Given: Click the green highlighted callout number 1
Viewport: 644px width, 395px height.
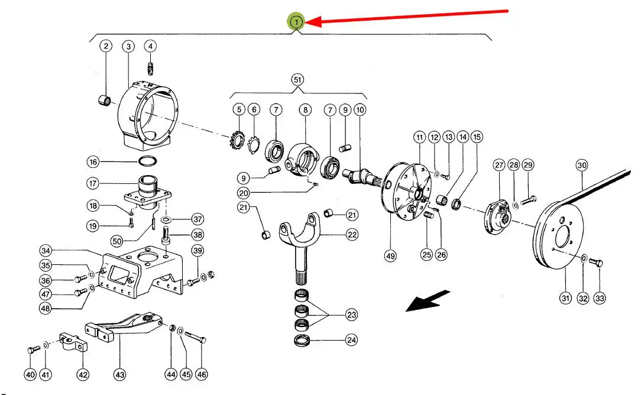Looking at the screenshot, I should coord(296,22).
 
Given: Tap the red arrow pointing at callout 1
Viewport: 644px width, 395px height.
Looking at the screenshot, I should coord(408,17).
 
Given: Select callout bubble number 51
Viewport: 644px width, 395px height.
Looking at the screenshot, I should coord(298,79).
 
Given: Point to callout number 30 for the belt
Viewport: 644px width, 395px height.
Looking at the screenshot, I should coord(582,166).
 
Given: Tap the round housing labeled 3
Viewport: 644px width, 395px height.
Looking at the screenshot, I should coord(148,115).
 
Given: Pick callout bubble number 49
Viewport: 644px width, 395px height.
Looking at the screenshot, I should coord(390,256).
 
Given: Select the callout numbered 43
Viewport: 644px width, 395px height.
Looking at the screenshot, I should coord(120,374).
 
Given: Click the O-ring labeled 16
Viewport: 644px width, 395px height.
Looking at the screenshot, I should coord(148,161).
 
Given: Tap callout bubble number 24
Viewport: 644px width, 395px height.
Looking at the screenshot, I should coord(352,341).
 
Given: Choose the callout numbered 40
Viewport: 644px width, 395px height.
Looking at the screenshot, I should coord(30,374).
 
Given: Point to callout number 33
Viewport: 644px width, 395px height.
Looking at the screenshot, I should coord(600,299).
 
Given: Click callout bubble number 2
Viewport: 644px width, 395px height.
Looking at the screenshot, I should coord(106,46).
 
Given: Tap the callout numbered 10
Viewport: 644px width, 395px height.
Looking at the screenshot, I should coord(360,109).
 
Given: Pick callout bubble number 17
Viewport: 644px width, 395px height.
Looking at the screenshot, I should coord(93,183).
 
